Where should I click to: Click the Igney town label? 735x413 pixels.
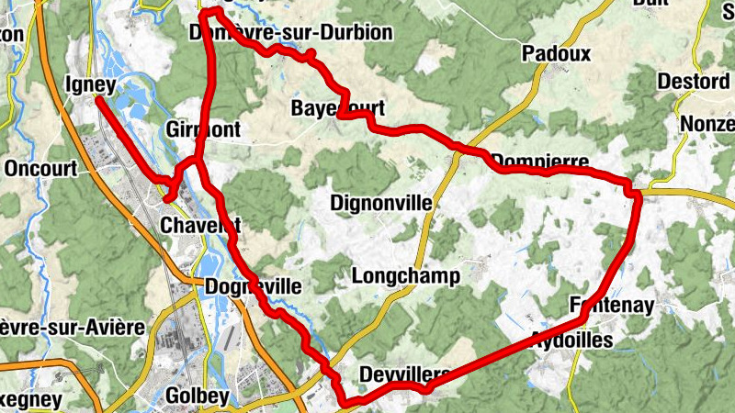(90, 86)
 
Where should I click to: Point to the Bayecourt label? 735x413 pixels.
(337, 107)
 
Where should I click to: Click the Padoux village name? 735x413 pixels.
(556, 54)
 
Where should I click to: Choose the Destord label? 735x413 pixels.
(694, 82)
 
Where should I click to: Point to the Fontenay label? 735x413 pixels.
(611, 304)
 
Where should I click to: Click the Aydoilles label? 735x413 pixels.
(572, 339)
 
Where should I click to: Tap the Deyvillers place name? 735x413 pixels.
(404, 374)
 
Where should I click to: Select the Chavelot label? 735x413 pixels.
(200, 226)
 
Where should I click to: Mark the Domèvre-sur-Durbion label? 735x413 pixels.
(290, 33)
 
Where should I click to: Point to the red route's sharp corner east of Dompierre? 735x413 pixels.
(634, 191)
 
